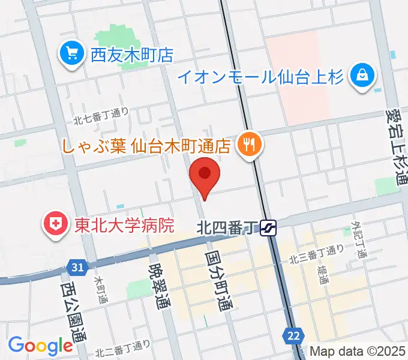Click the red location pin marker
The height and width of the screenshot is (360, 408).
[x=205, y=175]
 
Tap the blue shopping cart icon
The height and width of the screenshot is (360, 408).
[x=73, y=55]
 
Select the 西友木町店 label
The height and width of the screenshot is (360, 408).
[x=132, y=56]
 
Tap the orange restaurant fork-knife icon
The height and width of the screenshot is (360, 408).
[x=247, y=145]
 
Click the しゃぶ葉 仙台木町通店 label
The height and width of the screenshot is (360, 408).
[x=146, y=145]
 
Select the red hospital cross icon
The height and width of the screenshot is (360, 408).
[x=55, y=225]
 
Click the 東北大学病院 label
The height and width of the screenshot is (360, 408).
[x=124, y=225]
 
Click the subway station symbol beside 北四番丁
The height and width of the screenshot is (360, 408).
[x=269, y=227]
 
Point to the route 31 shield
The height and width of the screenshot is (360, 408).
[x=76, y=266]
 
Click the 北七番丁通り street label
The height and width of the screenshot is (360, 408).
[x=101, y=115]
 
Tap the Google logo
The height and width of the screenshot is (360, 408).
[x=40, y=346]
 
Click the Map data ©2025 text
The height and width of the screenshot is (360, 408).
[x=358, y=351]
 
